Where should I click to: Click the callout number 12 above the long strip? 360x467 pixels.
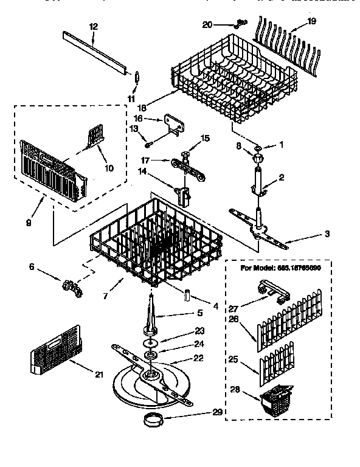(93, 26)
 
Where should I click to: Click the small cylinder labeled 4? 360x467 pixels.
(187, 295)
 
